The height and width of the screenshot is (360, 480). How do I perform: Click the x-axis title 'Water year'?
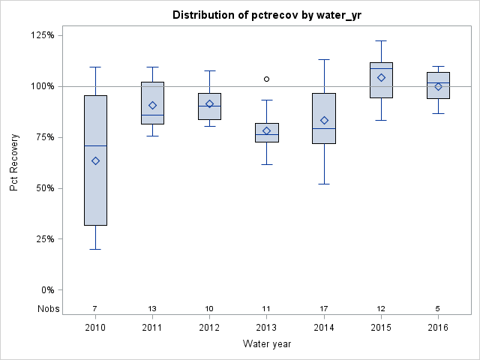pos(267,343)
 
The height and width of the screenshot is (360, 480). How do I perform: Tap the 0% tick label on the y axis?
pos(46,290)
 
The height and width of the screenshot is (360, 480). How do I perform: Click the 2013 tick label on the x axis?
pos(266,327)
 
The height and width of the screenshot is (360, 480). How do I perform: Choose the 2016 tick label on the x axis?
pos(438,327)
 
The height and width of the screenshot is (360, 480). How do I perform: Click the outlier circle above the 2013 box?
pos(266,79)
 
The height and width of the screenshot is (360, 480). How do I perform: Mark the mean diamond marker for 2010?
pos(95,160)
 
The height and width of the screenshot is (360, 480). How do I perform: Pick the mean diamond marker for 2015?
pos(381,77)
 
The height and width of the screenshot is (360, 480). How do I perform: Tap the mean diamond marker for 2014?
pos(324,120)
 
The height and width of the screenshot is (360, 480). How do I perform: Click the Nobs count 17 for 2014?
pos(324,308)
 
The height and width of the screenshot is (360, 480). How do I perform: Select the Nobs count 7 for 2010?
pos(95,308)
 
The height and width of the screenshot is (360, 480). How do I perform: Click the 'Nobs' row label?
pos(47,308)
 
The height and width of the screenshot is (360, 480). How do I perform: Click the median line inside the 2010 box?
pos(95,145)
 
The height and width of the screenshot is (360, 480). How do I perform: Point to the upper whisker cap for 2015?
pos(381,40)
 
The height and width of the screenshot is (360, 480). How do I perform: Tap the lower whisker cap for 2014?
pos(324,184)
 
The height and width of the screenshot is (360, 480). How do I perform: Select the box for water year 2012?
pos(209,106)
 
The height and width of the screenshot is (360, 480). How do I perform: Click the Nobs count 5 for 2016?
pos(438,308)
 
